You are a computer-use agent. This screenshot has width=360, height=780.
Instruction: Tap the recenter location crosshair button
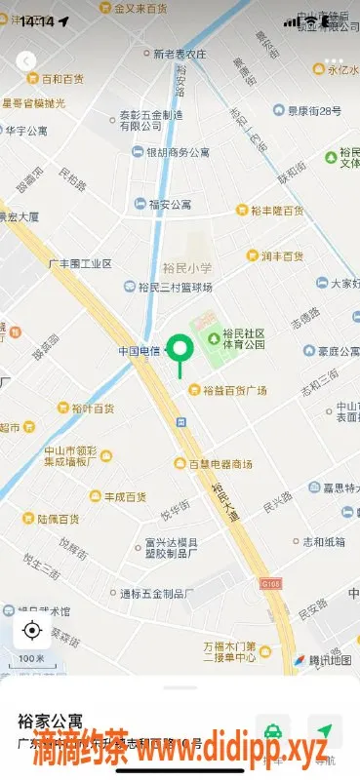click(x=31, y=630)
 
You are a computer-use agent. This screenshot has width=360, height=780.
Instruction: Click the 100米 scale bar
click(x=31, y=660)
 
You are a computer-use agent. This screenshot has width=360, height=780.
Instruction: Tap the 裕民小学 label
click(x=187, y=268)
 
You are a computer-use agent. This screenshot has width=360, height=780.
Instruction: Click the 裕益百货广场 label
click(x=234, y=390)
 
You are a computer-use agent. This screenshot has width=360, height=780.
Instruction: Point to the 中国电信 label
click(x=140, y=350)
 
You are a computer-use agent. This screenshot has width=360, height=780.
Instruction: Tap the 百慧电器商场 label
click(x=220, y=463)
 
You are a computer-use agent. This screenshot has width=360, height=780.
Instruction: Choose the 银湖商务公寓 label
click(x=178, y=152)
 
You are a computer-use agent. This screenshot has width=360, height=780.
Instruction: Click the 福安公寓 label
click(x=170, y=205)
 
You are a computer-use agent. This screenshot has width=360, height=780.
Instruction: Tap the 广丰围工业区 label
click(x=80, y=263)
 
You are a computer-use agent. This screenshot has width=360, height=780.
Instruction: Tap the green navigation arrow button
click(x=323, y=729)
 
